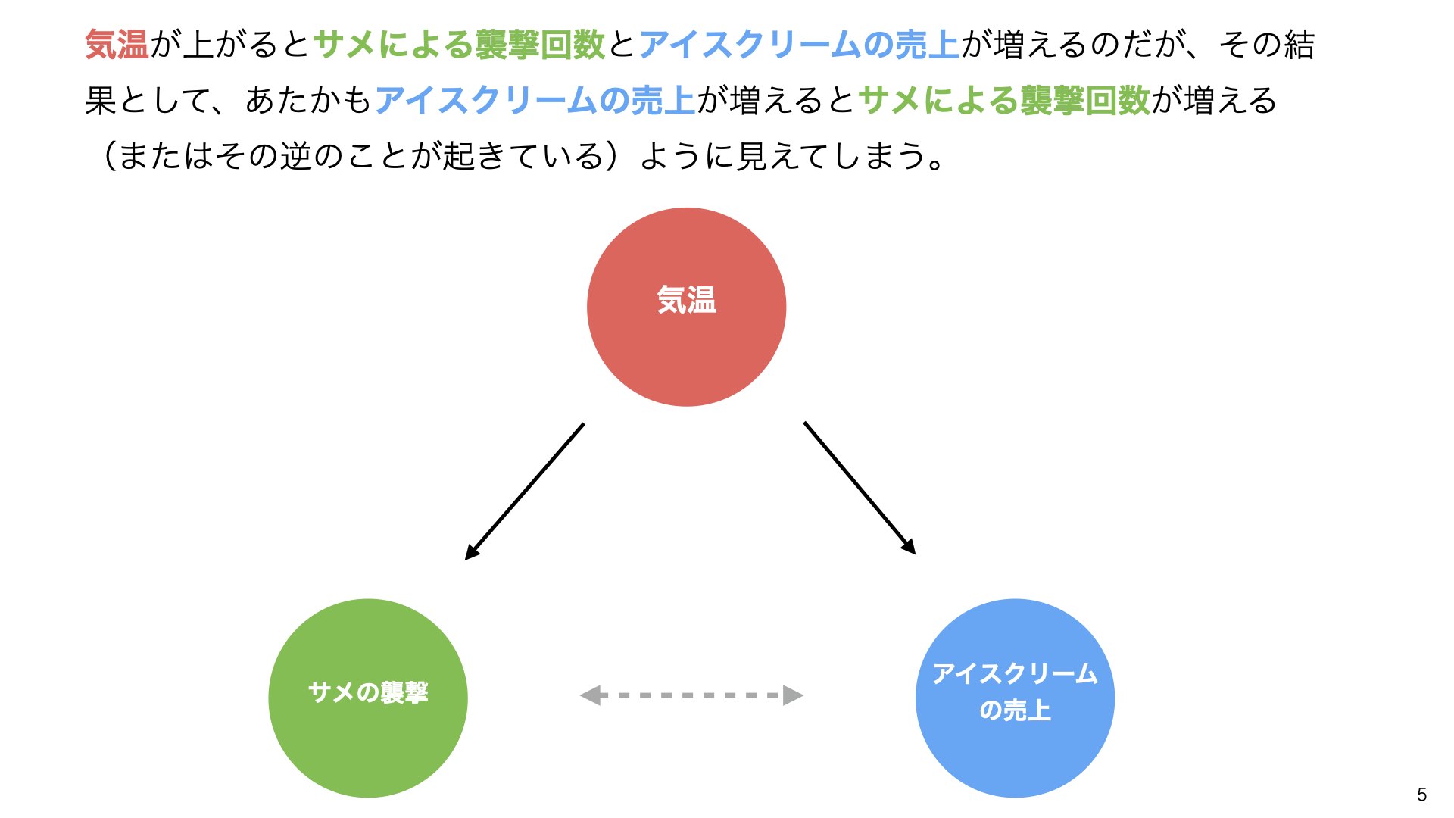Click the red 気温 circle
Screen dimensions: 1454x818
point(686,307)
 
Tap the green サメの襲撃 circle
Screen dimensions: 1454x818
point(368,698)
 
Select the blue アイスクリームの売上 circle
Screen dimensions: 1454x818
point(1015,698)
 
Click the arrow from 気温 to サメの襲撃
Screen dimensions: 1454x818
point(524,492)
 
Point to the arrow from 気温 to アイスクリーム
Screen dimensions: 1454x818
point(860,489)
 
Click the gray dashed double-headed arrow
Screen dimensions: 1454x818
point(691,695)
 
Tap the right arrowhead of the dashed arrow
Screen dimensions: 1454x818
point(793,695)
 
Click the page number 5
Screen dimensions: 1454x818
point(1421,795)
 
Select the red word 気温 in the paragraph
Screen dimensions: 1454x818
point(117,45)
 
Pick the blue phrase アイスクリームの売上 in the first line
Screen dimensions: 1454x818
point(800,45)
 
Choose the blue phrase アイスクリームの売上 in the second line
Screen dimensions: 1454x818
point(535,100)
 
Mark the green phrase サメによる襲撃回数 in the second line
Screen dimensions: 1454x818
point(1005,100)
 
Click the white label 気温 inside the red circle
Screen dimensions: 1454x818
point(686,299)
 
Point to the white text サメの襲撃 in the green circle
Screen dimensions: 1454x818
point(368,692)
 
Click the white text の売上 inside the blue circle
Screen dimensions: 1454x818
point(1015,710)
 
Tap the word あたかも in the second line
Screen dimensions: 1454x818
point(308,100)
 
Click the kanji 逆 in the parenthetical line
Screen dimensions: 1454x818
point(296,155)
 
